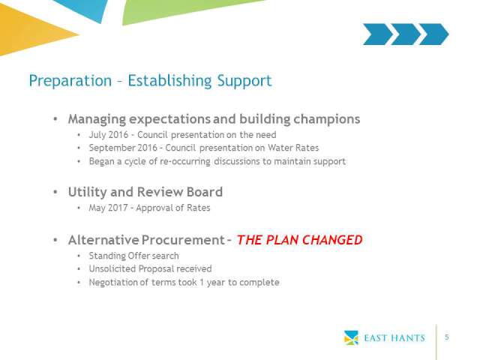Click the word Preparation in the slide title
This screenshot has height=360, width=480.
pos(70,81)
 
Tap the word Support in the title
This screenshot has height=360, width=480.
pos(244,81)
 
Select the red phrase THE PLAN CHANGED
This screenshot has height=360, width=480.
pos(300,240)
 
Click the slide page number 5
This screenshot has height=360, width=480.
pos(447,337)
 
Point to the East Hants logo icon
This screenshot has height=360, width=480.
pos(351,337)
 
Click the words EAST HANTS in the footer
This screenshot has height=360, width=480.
pos(394,338)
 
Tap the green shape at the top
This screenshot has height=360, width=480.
pos(184,9)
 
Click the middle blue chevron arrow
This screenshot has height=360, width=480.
pos(406,34)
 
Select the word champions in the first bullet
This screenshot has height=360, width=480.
pos(327,119)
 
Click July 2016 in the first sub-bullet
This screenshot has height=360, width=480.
pos(108,135)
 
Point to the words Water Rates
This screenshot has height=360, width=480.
pos(293,148)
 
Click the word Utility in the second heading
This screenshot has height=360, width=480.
pos(88,192)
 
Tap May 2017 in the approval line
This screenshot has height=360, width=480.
pos(108,208)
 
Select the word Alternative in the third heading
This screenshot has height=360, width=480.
pos(103,240)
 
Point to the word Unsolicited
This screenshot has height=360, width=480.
pos(112,268)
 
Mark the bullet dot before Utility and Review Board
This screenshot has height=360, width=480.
pos(55,192)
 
